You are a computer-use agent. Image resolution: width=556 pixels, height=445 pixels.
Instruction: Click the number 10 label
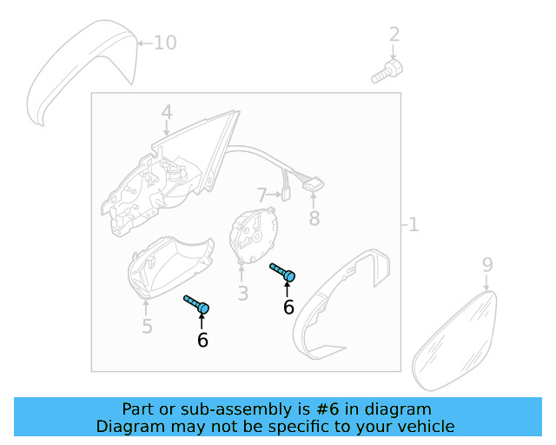(x=164, y=42)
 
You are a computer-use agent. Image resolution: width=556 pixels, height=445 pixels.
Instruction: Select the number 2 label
(x=394, y=35)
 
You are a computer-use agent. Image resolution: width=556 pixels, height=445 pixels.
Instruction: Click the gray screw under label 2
(x=387, y=71)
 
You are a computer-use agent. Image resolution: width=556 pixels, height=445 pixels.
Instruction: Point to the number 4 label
(x=166, y=112)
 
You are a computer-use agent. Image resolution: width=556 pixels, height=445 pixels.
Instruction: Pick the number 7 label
(x=261, y=196)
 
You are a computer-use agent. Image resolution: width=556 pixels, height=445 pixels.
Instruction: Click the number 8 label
(x=314, y=216)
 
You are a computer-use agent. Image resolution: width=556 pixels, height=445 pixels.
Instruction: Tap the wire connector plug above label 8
(x=313, y=184)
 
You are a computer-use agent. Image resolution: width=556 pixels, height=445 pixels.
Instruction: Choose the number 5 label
(x=147, y=327)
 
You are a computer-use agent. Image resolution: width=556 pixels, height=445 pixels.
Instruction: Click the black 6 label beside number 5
(x=202, y=340)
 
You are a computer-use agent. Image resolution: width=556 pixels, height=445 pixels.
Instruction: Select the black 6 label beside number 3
(x=288, y=307)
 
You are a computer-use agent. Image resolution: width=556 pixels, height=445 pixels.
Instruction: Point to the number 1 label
(x=414, y=225)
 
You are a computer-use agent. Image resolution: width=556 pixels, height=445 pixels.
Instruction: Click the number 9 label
(x=486, y=264)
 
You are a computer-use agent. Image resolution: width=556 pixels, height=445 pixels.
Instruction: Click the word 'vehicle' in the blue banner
(x=424, y=427)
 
